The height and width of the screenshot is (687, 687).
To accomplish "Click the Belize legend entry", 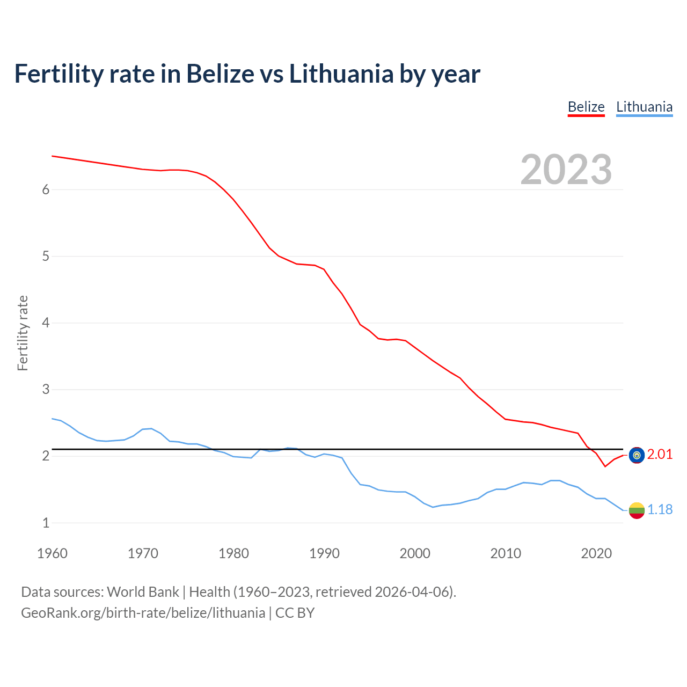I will (x=586, y=107).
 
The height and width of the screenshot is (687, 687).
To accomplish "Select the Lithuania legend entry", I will (x=644, y=107).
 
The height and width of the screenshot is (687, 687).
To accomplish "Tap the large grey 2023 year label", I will (x=566, y=170).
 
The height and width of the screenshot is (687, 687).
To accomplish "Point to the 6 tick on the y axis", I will (x=46, y=189).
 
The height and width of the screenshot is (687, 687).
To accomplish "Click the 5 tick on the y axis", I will (x=46, y=256).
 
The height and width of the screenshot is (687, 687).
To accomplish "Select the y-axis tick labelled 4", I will (x=46, y=323).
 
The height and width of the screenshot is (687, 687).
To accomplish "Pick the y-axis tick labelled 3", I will (x=46, y=389).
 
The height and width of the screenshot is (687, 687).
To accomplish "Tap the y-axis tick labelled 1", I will (x=46, y=523).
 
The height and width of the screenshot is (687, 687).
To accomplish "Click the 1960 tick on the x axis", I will (x=52, y=553).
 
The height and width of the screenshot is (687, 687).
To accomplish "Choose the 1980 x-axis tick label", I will (x=233, y=553).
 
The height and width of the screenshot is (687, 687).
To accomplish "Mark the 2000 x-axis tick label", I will (x=415, y=553).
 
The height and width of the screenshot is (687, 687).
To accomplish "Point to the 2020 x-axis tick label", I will (x=596, y=553).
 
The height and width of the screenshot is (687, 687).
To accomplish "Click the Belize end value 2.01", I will (x=660, y=455).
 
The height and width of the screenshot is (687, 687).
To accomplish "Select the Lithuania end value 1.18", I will (x=660, y=510).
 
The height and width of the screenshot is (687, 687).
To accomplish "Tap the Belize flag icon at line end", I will (x=637, y=455).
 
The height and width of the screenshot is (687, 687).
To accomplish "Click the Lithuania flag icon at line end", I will (x=637, y=510).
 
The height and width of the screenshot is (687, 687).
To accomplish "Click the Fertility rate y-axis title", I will (x=23, y=333).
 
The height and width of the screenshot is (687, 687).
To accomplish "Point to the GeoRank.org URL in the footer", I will (x=143, y=613).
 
